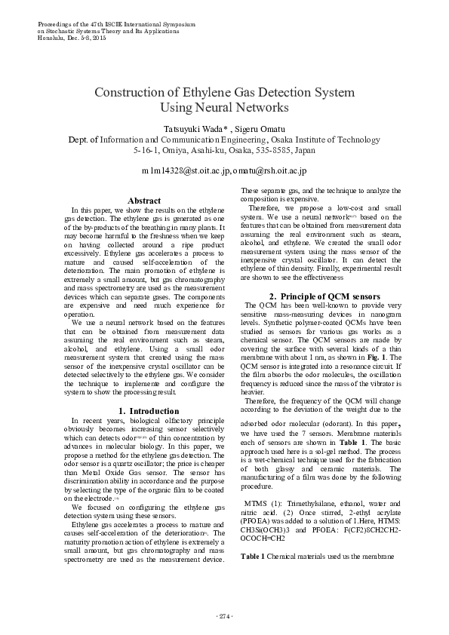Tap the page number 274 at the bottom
click(224, 617)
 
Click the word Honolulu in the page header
click(52, 37)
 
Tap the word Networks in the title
click(257, 108)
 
